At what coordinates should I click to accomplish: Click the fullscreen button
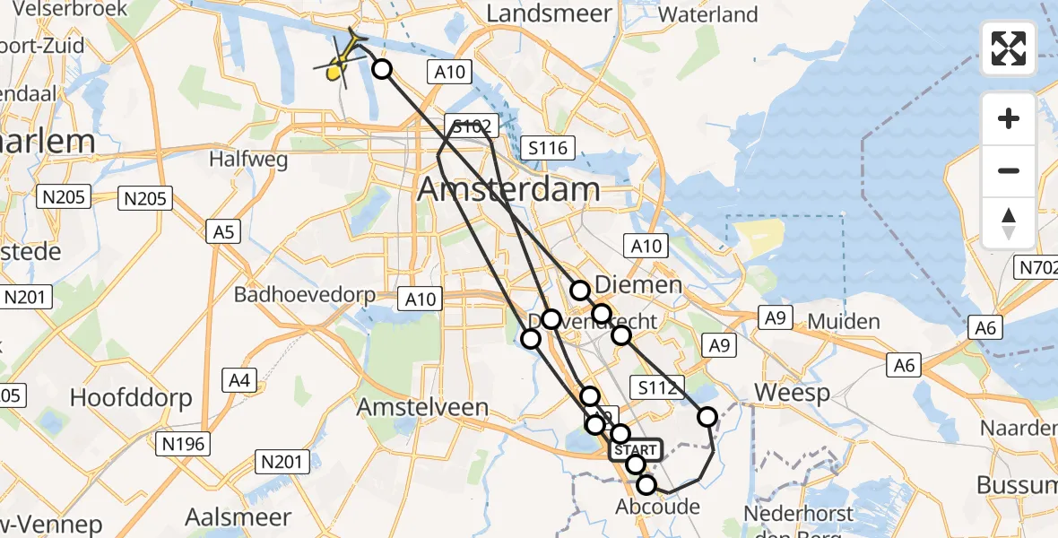[x=1009, y=48]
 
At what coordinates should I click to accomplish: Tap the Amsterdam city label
[x=508, y=189]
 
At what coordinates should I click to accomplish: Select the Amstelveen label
[x=423, y=407]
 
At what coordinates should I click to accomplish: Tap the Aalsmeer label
[x=238, y=517]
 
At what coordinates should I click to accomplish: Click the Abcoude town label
[x=657, y=507]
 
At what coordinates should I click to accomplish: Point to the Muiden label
[x=844, y=321]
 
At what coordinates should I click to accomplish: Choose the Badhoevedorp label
[x=304, y=294]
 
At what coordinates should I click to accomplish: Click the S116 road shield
[x=548, y=148]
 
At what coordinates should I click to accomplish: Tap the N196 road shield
[x=183, y=443]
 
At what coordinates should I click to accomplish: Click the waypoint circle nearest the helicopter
[x=382, y=69]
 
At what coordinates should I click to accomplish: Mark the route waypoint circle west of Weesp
[x=707, y=416]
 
